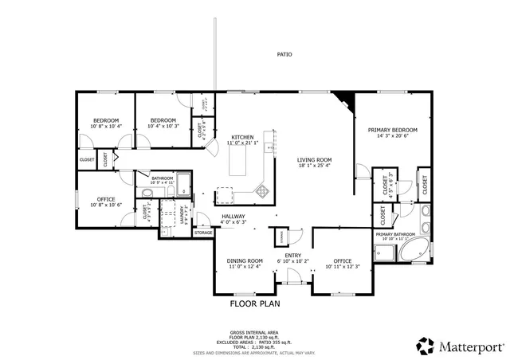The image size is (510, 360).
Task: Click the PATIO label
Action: point(284,55)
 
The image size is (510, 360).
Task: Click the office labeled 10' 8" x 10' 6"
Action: point(107,202)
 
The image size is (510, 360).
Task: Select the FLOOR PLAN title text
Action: point(255,303)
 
